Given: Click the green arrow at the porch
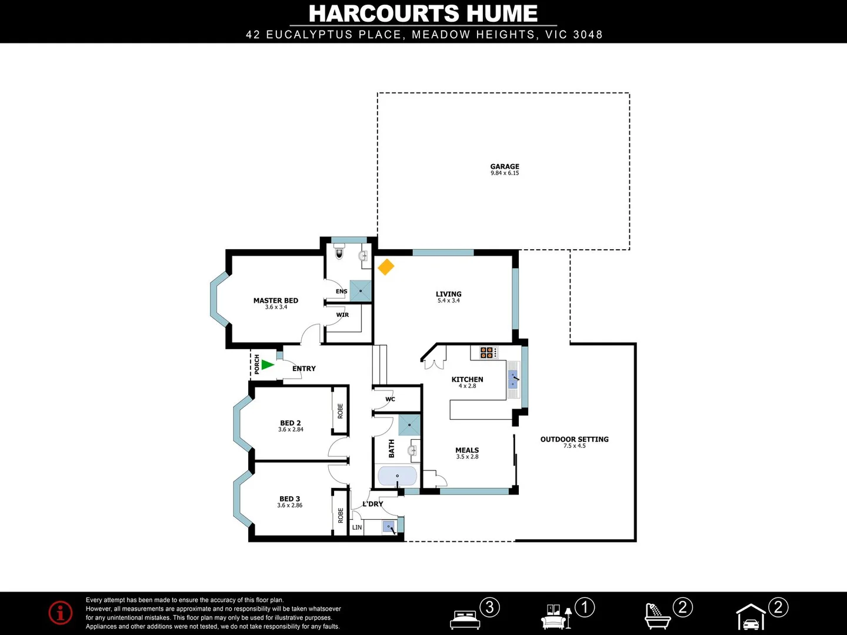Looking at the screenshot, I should coord(268,365).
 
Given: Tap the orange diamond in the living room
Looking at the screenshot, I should coord(386,267).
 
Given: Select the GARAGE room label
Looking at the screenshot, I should coord(505,166).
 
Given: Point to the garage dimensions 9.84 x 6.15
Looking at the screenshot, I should coord(505,173).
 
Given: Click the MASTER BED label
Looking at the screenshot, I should coord(276,300).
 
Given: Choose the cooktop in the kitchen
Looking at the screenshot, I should coord(487,353).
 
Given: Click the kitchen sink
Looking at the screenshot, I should coord(513,379).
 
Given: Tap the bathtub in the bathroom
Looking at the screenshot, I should coord(397,476).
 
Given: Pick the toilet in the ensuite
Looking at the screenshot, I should coord(339,254).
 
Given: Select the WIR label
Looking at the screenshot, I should coord(342,315).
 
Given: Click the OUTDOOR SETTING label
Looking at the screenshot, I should coord(574,439).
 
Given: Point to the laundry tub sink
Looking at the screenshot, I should coord(389,527).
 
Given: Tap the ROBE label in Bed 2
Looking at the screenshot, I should coord(341,411).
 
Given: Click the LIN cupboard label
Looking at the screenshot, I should coord(357,527).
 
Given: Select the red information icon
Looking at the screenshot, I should coord(61,613).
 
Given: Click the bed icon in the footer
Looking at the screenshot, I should coord(465,619).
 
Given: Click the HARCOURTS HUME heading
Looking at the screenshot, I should coord(423,14).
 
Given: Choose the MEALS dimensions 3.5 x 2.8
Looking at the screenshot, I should coord(467,457).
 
